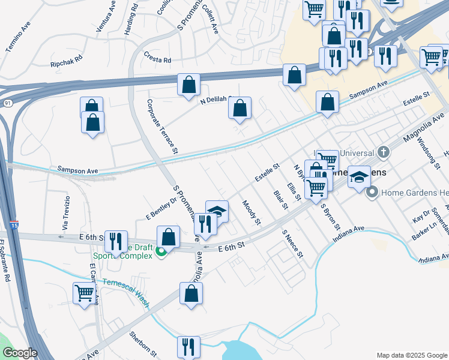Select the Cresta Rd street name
[x=157, y=60]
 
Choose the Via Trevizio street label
[x=65, y=214]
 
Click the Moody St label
[x=252, y=213]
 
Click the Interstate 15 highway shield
[x=14, y=225]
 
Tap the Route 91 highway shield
[x=7, y=103]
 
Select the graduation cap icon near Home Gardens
[x=360, y=177]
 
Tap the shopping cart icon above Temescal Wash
[x=85, y=293]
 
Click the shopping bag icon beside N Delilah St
[x=240, y=108]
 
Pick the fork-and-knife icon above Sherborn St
[x=188, y=346]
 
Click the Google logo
[x=20, y=353]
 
